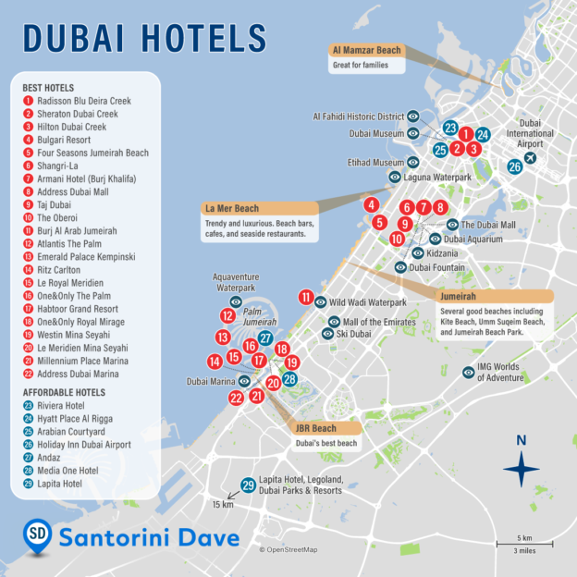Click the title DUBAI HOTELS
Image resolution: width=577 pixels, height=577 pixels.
144,38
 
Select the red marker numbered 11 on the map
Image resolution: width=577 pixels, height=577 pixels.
306,298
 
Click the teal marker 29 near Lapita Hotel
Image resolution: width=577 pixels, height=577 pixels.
248,485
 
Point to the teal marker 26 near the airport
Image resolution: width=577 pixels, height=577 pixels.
514,167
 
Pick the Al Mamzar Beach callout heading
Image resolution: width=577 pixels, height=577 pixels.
366,50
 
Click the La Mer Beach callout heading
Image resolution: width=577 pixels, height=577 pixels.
233,208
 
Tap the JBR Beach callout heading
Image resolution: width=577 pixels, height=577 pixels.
315,429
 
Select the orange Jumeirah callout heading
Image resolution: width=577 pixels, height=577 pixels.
460,297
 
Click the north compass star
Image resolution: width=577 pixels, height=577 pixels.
521,469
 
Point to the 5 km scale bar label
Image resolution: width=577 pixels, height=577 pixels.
523,537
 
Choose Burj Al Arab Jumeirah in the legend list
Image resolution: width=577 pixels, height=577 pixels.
77,230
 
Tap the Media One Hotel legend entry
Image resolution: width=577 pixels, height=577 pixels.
67,470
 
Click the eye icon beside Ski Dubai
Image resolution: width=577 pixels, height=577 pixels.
327,334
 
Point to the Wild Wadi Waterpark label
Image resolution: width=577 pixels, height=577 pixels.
368,302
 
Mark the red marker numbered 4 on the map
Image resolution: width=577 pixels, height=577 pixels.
371,205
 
